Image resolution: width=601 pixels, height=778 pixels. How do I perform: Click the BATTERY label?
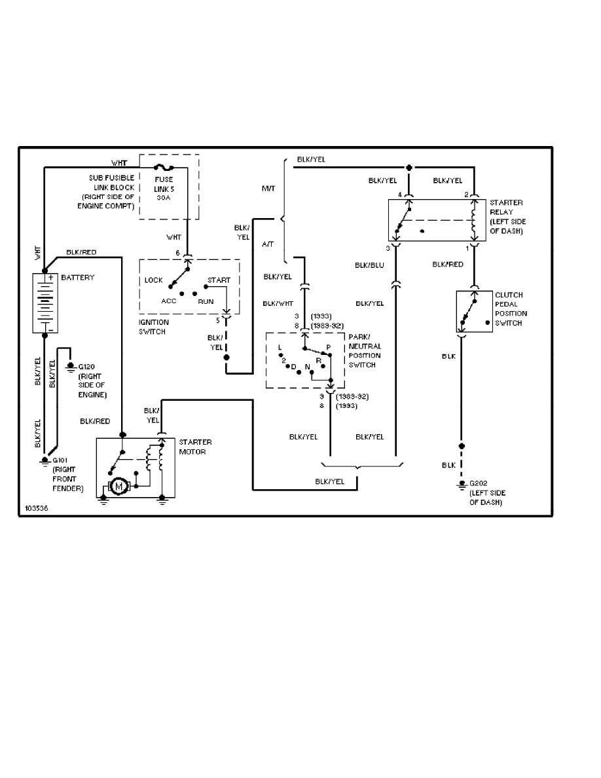(x=77, y=278)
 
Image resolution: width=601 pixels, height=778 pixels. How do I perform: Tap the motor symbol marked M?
(x=119, y=485)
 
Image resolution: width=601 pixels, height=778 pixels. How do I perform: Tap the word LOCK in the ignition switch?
(x=154, y=280)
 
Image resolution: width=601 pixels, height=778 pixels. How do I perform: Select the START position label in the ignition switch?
(x=219, y=280)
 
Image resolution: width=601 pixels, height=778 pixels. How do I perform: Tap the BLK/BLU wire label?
(x=369, y=265)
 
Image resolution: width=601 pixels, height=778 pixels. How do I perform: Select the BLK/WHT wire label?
(x=278, y=303)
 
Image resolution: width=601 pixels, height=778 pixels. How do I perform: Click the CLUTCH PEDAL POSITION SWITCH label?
(x=511, y=309)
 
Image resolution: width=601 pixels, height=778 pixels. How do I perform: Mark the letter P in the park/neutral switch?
(x=329, y=347)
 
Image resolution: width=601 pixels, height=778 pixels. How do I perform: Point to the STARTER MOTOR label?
(x=194, y=447)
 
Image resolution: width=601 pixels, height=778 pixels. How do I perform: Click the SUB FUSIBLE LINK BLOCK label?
(x=111, y=192)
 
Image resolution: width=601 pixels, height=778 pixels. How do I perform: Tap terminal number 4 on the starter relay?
(x=399, y=194)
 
